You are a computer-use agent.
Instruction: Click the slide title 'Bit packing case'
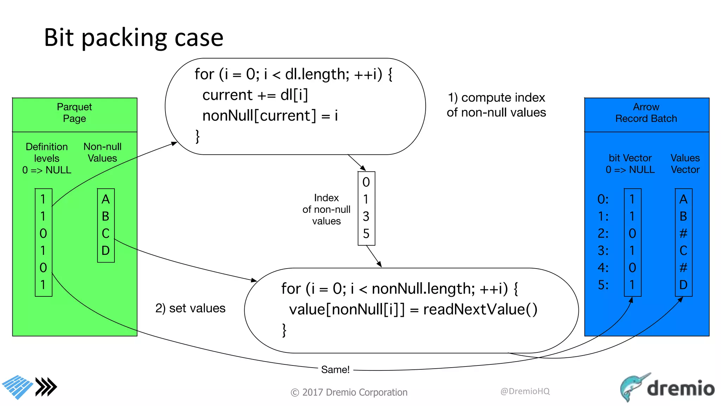point(133,37)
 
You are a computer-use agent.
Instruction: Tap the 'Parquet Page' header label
point(74,112)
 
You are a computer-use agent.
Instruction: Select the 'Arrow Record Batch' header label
point(646,112)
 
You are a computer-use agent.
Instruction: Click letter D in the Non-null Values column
point(106,251)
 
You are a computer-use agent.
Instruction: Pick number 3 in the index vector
point(366,216)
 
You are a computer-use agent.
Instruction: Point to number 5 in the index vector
point(366,234)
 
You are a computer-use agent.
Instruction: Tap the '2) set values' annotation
point(190,308)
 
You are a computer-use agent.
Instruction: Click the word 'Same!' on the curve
point(335,369)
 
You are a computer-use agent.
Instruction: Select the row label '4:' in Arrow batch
point(603,268)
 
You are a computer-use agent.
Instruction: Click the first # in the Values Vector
point(683,233)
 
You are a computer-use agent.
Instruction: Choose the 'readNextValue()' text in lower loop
point(480,309)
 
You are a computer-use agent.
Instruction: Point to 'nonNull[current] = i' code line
point(270,116)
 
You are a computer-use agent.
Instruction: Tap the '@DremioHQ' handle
point(525,391)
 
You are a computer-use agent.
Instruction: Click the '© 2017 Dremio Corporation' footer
point(349,392)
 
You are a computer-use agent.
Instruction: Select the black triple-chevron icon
point(46,387)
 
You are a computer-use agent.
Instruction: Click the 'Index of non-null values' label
point(326,209)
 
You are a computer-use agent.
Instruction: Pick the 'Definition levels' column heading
point(47,153)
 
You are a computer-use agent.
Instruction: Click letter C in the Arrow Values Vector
point(683,251)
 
